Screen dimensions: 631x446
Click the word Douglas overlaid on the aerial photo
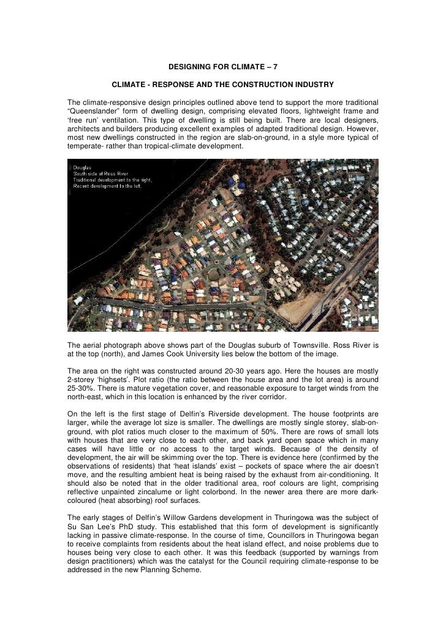pyautogui.click(x=83, y=167)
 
